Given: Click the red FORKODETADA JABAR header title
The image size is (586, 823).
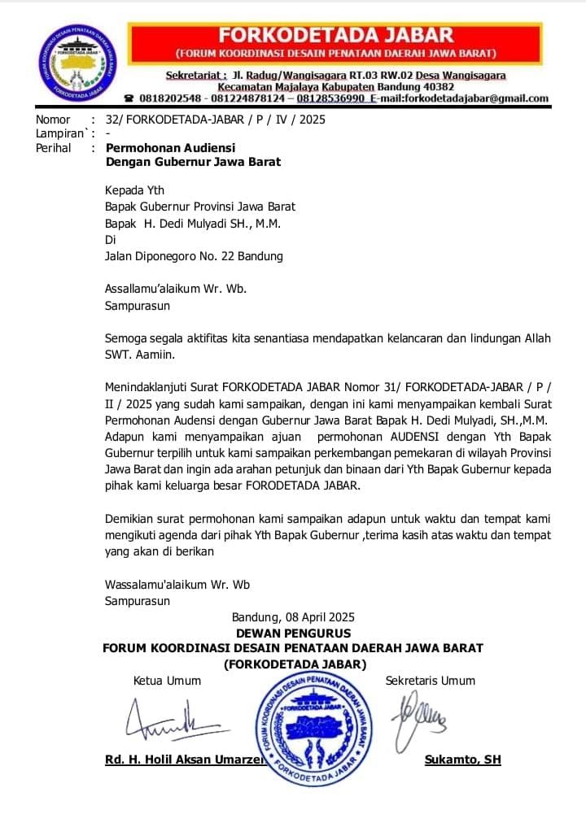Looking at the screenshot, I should pyautogui.click(x=335, y=35).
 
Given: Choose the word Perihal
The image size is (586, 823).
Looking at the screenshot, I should pyautogui.click(x=54, y=148).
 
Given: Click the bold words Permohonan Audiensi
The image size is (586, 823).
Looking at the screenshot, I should pyautogui.click(x=171, y=148).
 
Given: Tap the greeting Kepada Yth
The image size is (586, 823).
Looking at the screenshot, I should pyautogui.click(x=135, y=190).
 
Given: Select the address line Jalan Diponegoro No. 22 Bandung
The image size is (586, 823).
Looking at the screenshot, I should pyautogui.click(x=194, y=256).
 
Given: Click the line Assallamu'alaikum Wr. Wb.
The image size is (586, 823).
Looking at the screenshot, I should pyautogui.click(x=176, y=288).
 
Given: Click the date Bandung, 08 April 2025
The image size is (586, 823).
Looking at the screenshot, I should pyautogui.click(x=293, y=617).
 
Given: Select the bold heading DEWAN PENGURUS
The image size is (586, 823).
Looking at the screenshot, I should pyautogui.click(x=293, y=633).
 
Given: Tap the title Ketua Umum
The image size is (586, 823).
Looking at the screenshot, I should pyautogui.click(x=167, y=681).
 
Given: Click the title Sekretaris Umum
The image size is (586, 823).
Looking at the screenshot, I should pyautogui.click(x=431, y=681).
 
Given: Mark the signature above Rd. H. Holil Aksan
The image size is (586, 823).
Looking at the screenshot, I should pyautogui.click(x=166, y=719).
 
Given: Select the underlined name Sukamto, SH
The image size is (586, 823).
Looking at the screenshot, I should pyautogui.click(x=462, y=760).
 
